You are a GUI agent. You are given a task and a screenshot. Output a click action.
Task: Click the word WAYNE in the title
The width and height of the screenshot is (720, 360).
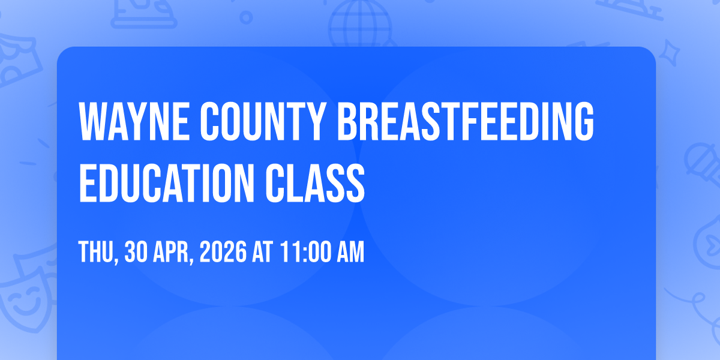click(134, 121)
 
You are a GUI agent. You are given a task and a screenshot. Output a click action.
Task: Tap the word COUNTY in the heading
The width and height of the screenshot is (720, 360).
click(262, 121)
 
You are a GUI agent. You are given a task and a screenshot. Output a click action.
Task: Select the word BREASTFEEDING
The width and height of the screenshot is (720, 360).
click(465, 121)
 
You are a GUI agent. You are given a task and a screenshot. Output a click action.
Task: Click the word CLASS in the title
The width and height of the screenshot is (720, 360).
click(315, 183)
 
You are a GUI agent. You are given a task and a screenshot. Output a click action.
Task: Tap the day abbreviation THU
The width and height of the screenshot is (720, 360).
click(96, 252)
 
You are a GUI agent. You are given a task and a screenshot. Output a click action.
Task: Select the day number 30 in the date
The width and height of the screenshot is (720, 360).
click(136, 252)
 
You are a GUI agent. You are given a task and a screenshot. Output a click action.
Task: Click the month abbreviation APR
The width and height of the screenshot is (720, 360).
click(171, 252)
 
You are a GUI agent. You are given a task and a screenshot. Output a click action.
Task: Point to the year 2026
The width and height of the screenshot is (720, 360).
click(223, 252)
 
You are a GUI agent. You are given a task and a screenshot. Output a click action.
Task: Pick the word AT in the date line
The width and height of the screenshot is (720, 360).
click(263, 252)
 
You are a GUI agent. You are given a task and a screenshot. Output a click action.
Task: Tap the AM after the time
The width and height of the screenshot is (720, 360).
click(350, 252)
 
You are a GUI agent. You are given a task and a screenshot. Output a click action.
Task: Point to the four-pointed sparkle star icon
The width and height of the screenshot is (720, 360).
click(670, 53)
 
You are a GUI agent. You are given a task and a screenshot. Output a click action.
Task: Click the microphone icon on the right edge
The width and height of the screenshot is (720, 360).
click(703, 164)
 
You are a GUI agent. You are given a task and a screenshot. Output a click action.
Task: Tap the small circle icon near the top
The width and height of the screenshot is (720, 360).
click(246, 17)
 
